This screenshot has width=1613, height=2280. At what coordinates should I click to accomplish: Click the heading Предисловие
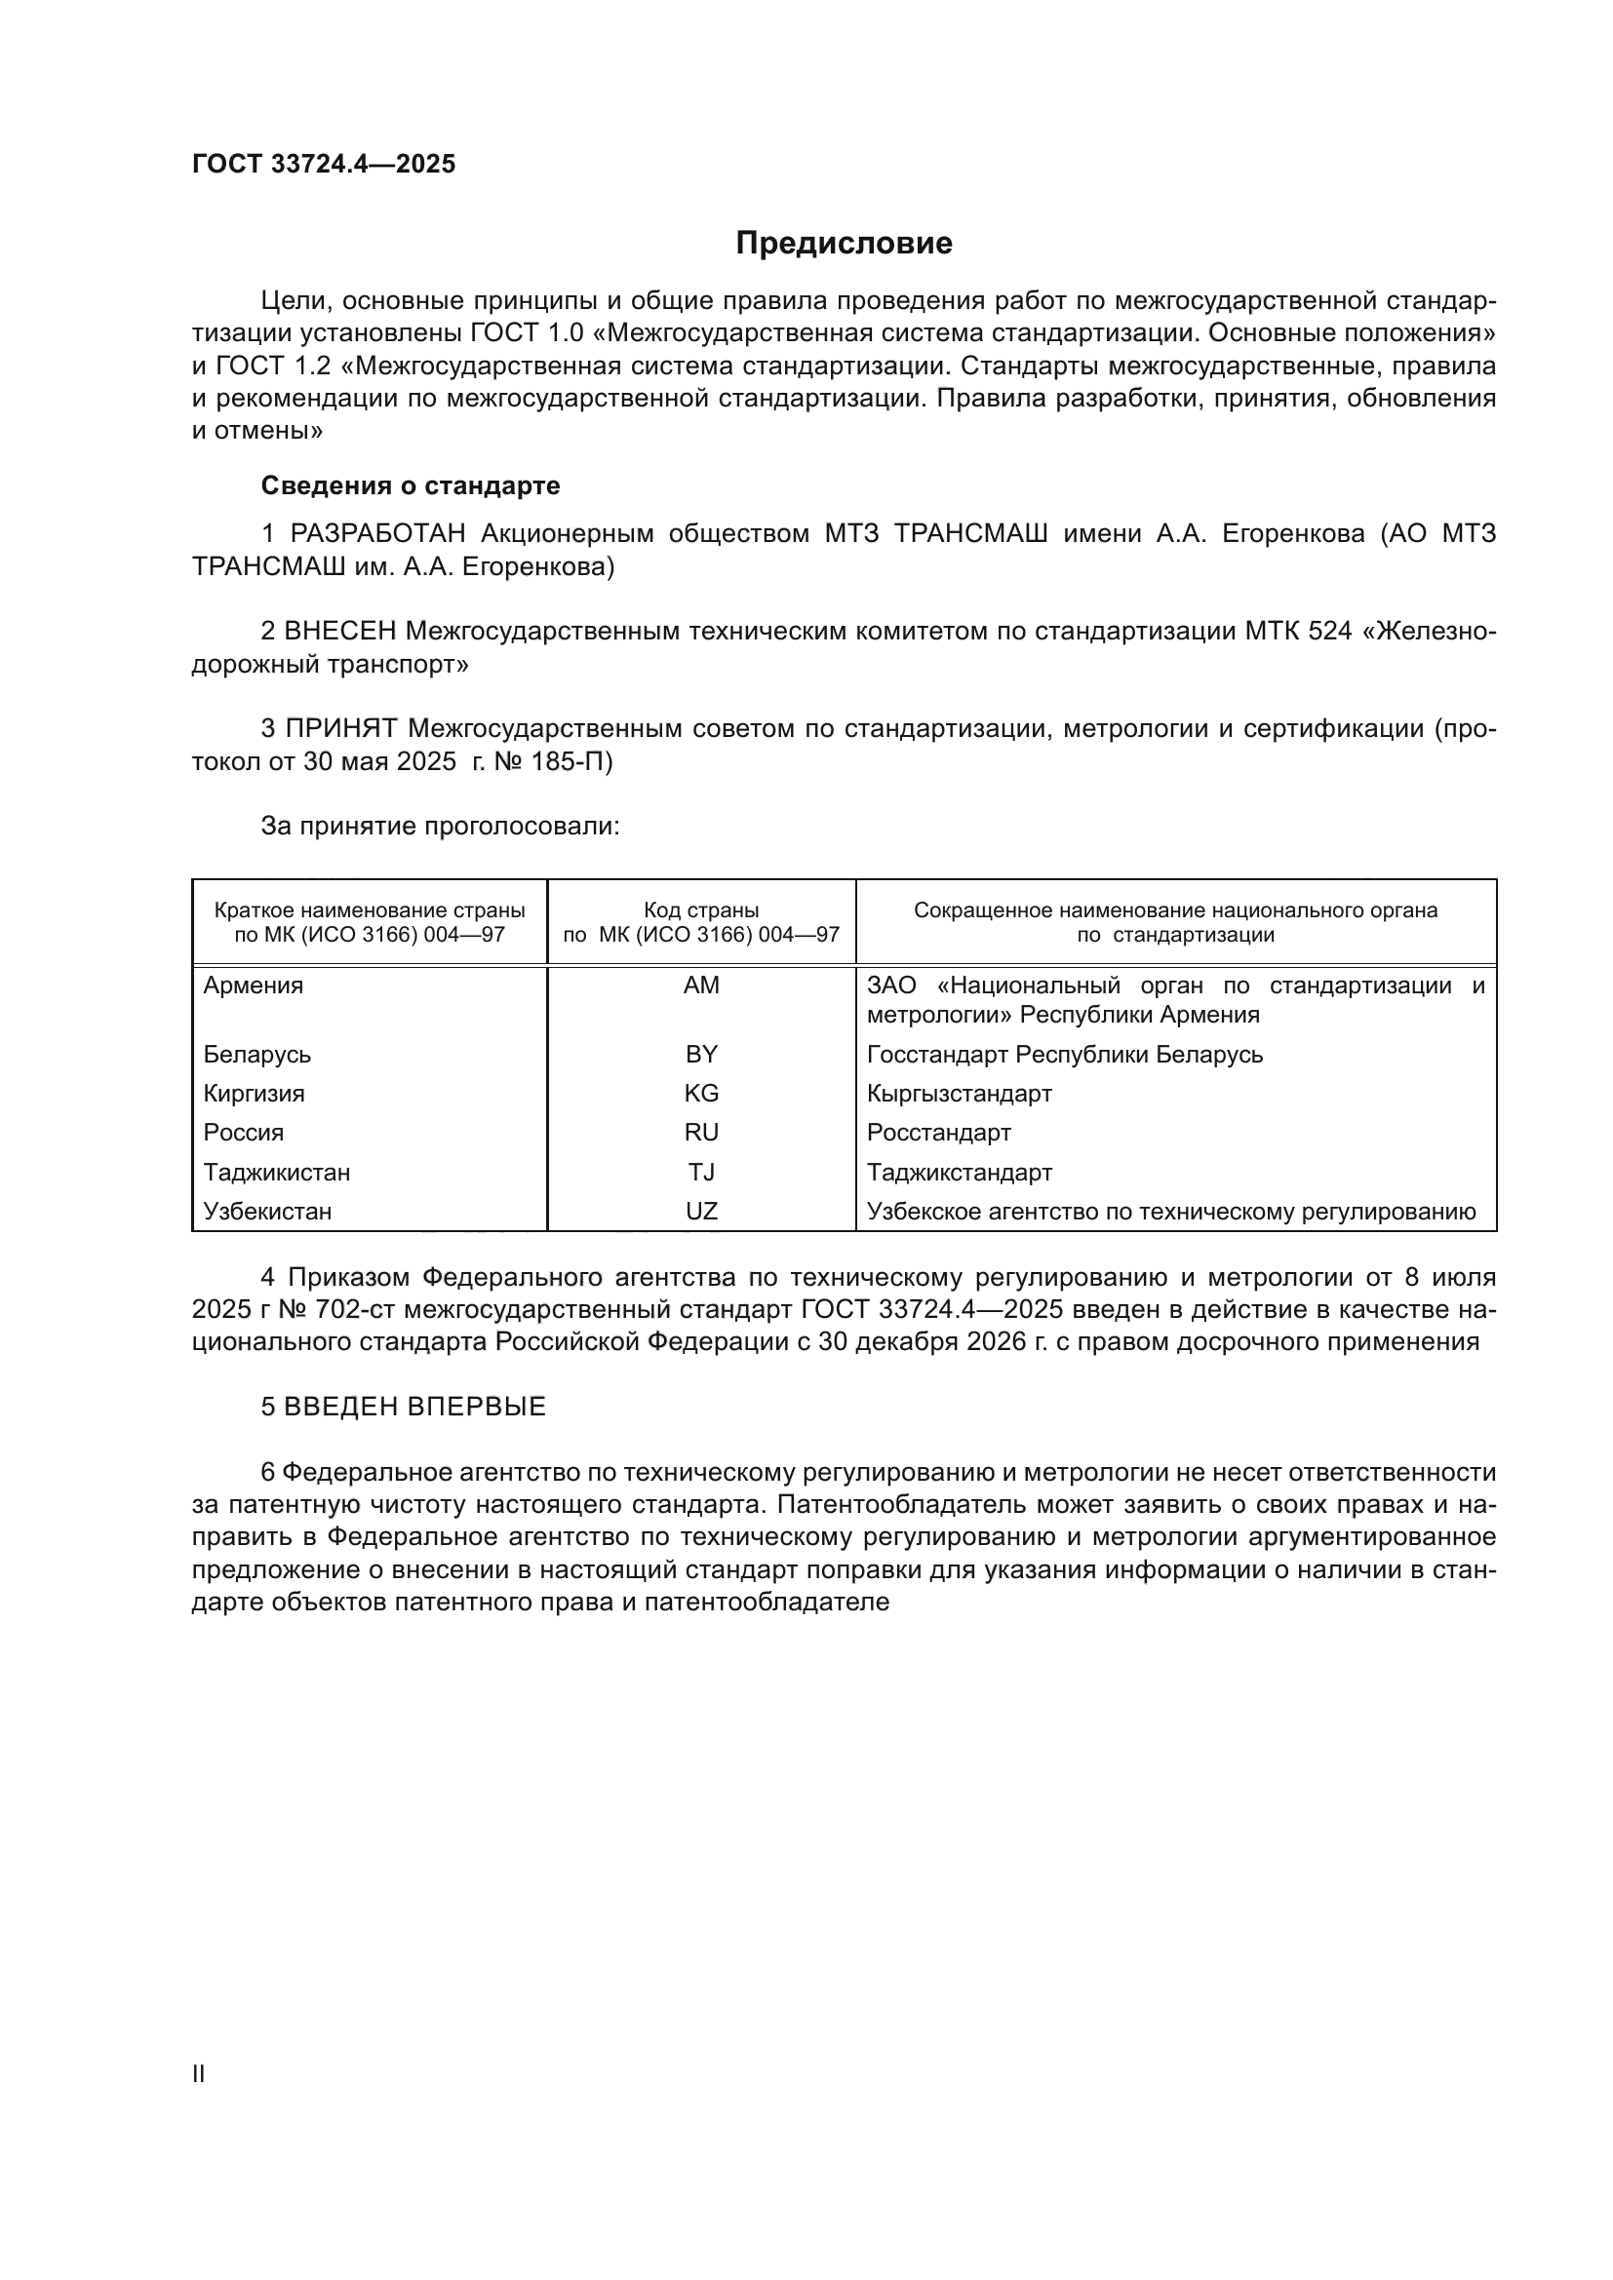click(844, 244)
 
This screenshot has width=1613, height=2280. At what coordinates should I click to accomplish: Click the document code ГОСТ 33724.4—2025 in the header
click(324, 164)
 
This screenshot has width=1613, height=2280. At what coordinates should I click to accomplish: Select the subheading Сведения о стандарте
click(411, 485)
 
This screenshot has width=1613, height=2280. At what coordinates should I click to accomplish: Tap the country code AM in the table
click(701, 985)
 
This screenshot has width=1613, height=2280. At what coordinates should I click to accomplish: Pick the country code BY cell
click(701, 1054)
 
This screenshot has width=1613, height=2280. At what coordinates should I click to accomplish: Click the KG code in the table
click(701, 1094)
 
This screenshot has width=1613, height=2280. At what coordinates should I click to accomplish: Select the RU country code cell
click(701, 1132)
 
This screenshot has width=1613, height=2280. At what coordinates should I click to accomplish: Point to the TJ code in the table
click(701, 1172)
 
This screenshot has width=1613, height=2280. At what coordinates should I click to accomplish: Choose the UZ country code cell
click(701, 1212)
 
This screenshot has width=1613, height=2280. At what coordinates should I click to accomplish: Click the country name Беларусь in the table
click(257, 1054)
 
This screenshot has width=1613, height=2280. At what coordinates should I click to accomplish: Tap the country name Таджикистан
click(277, 1172)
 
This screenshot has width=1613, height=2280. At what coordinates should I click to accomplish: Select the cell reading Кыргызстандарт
click(959, 1094)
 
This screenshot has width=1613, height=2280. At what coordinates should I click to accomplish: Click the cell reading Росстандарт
click(938, 1132)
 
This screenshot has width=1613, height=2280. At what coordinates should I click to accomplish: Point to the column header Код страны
click(701, 910)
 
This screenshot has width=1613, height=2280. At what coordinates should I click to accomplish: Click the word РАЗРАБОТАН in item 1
click(377, 534)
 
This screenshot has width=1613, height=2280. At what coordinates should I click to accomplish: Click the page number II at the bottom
click(199, 2073)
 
